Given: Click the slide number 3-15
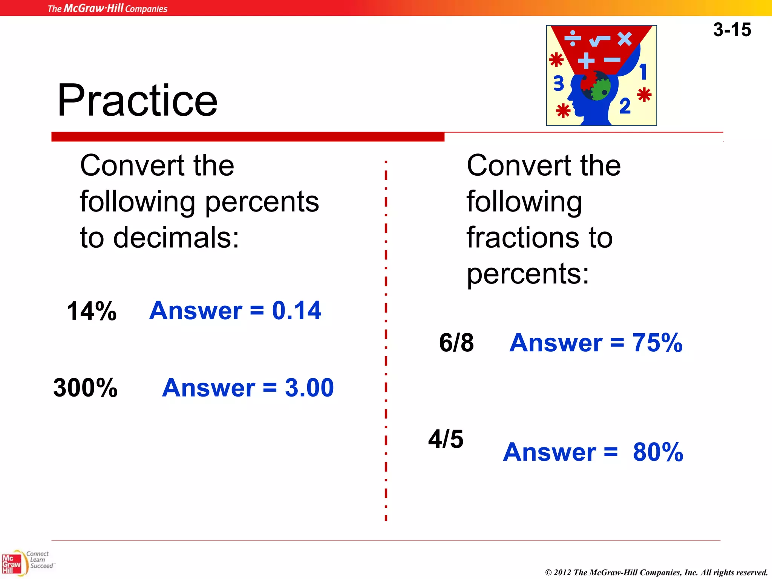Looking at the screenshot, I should click(x=732, y=30).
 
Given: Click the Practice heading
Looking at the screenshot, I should click(x=137, y=100).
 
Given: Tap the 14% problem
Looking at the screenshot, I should click(x=92, y=311).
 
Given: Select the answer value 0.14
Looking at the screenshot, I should click(x=296, y=311).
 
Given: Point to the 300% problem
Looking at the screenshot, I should click(x=86, y=388).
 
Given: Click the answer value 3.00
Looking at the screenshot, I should click(x=309, y=388).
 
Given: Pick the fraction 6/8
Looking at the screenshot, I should click(x=456, y=343).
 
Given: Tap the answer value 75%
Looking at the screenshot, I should click(x=657, y=343).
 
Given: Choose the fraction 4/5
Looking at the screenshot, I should click(x=446, y=439).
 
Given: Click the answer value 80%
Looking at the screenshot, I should click(x=658, y=452).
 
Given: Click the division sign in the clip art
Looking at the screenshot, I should click(x=572, y=38).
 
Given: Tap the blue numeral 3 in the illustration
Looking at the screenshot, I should click(x=559, y=84).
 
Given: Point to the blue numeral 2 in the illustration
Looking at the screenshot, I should click(x=625, y=106).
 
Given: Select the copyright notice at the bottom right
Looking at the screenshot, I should click(x=656, y=572).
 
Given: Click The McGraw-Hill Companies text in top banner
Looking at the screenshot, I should click(x=107, y=8).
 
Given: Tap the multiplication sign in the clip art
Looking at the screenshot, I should click(x=625, y=38).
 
